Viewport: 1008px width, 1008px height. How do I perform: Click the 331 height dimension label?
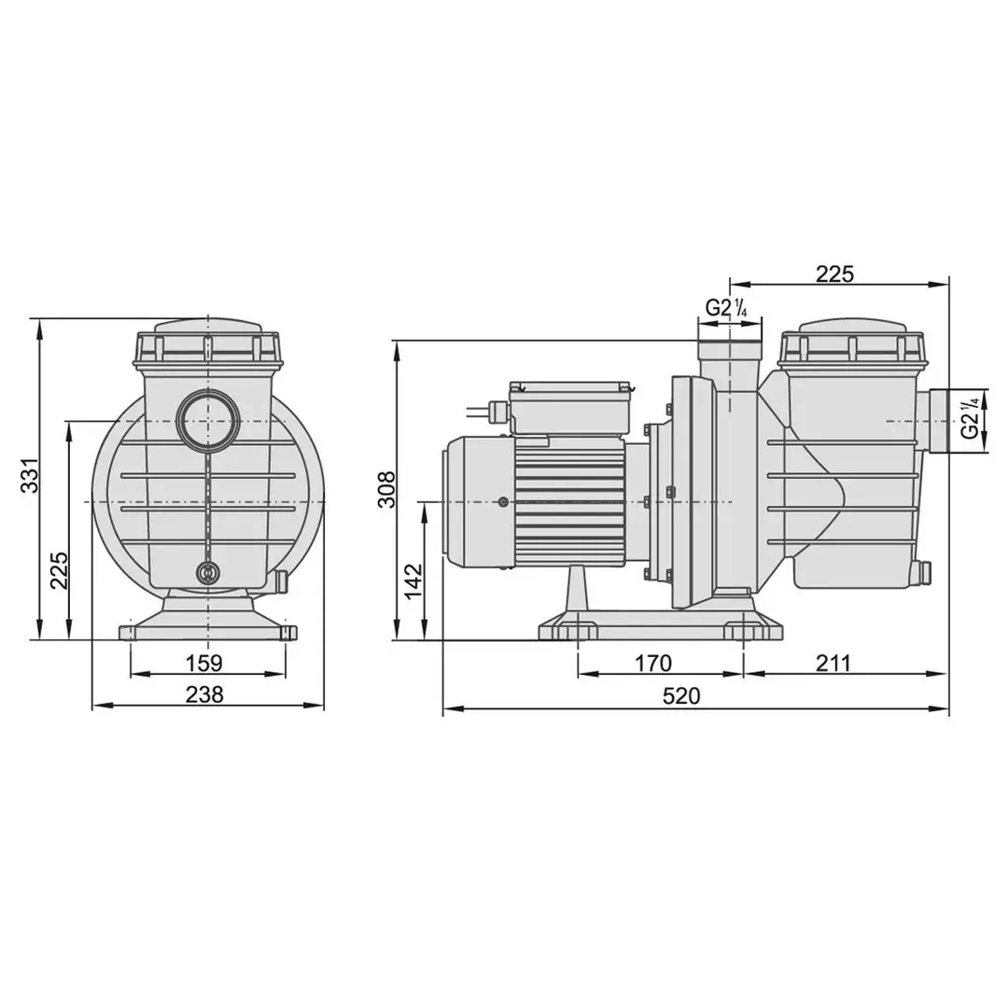[30, 476]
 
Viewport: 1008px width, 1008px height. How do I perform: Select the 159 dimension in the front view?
[203, 662]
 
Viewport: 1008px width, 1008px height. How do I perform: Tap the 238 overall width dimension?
[204, 694]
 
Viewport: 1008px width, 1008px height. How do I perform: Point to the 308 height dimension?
[386, 489]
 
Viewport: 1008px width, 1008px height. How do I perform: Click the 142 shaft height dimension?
[413, 581]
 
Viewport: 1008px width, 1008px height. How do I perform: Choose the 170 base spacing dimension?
[653, 663]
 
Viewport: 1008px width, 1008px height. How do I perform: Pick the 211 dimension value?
[833, 663]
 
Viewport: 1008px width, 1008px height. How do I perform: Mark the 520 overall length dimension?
[680, 695]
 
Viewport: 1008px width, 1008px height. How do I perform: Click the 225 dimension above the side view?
[835, 273]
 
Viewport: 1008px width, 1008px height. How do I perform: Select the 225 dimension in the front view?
[59, 569]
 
